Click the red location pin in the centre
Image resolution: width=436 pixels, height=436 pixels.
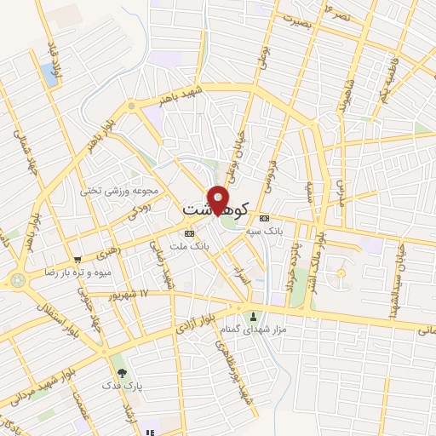(218, 199)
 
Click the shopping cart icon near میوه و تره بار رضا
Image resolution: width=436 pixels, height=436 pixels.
(77, 260)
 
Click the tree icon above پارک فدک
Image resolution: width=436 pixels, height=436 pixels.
(121, 371)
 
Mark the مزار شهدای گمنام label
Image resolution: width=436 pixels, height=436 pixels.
(253, 329)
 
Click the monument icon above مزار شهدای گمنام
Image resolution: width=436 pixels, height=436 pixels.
(253, 316)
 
